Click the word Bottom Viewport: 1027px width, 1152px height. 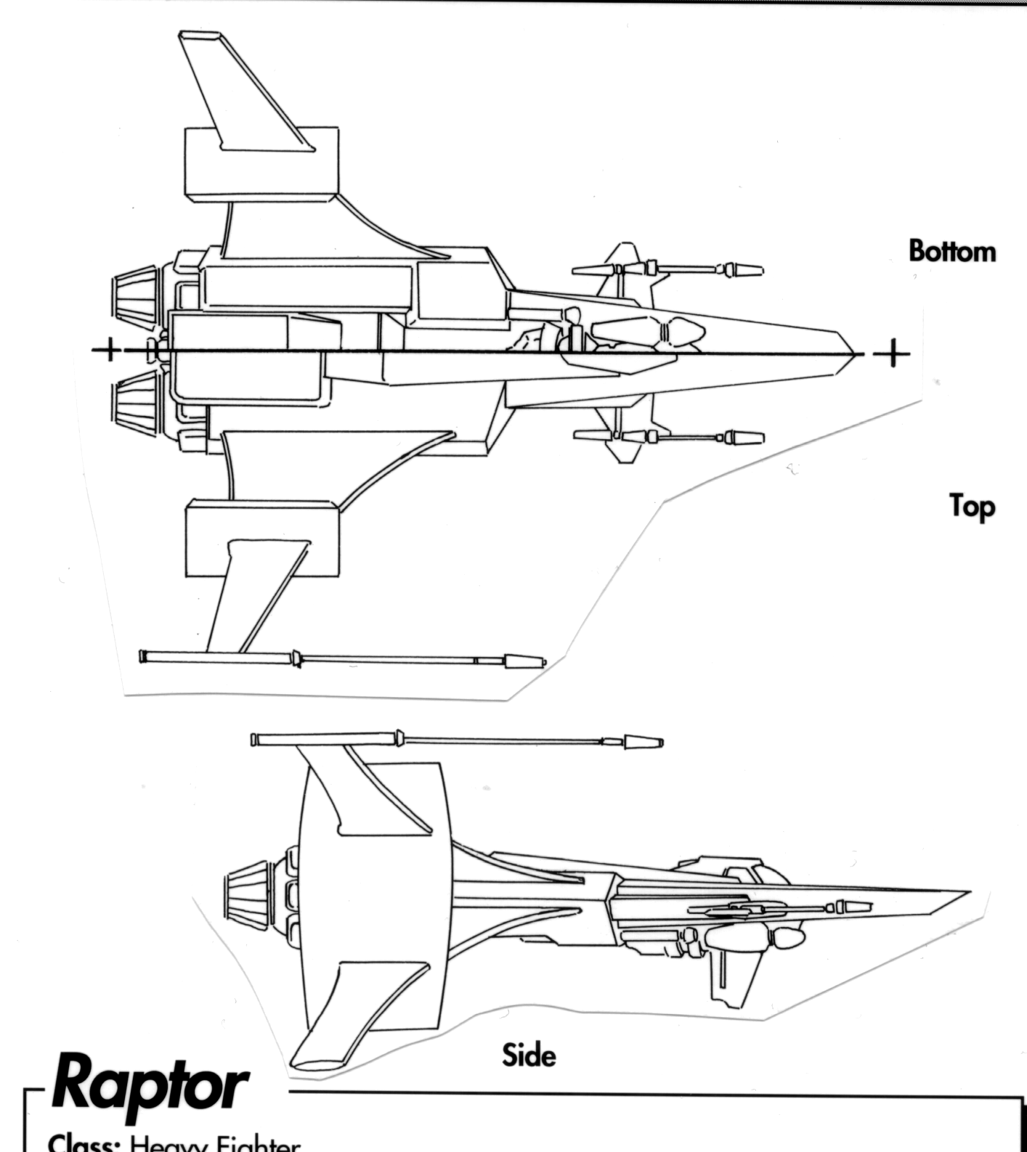pyautogui.click(x=951, y=251)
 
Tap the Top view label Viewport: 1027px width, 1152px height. pyautogui.click(x=971, y=506)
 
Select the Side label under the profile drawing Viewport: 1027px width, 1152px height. pyautogui.click(x=528, y=1054)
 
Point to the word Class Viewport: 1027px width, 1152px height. pyautogui.click(x=84, y=1144)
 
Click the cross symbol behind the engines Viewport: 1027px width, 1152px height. pyautogui.click(x=109, y=349)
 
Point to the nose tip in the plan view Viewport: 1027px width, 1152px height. pyautogui.click(x=851, y=354)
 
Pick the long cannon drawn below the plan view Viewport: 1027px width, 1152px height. pyautogui.click(x=341, y=659)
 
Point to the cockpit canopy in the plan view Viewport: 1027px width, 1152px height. pyautogui.click(x=646, y=332)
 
